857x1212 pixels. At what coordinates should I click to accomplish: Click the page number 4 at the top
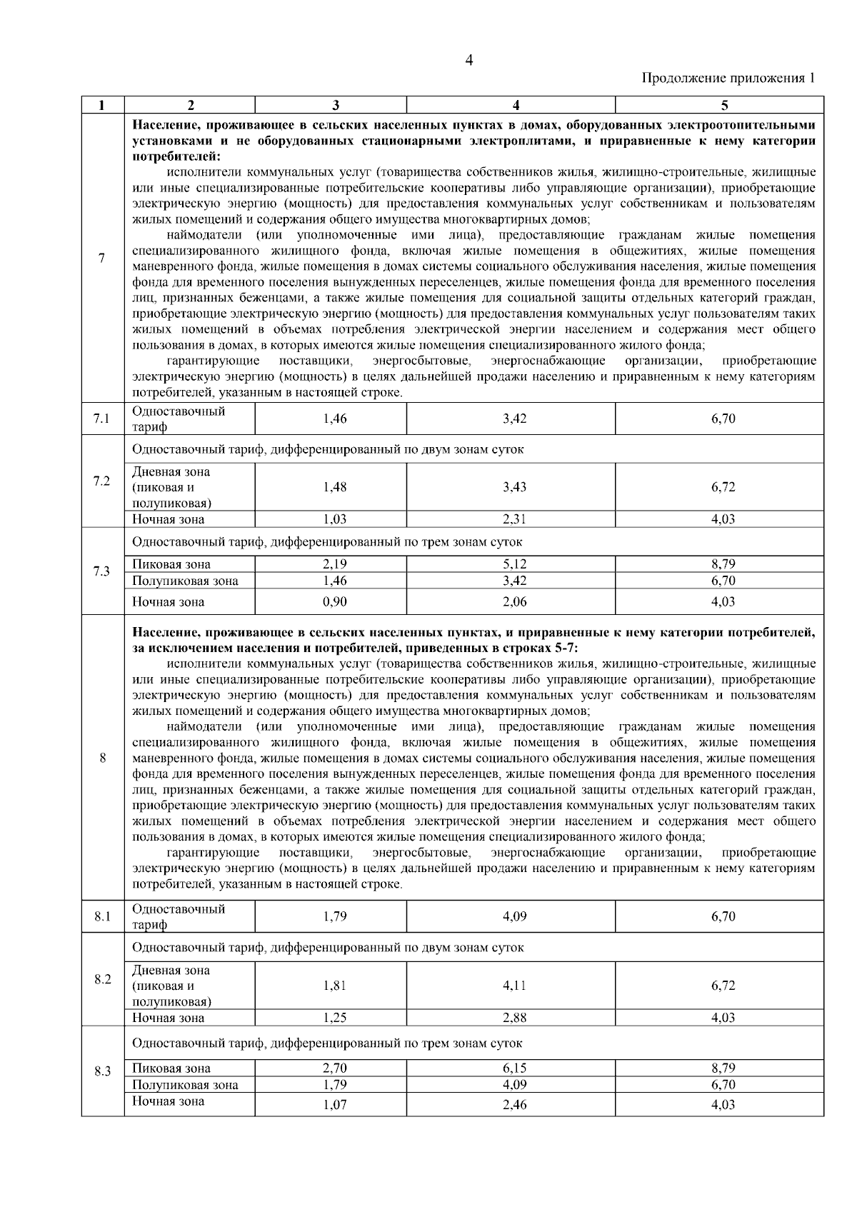(x=468, y=60)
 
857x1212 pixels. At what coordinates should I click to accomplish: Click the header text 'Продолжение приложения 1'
(x=728, y=78)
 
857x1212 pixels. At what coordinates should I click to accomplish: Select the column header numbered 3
(x=334, y=105)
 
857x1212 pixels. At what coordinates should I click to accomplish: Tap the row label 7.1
(x=101, y=419)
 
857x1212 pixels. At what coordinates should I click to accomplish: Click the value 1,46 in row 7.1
(x=334, y=419)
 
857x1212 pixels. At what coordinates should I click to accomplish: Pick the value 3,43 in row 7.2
(x=514, y=487)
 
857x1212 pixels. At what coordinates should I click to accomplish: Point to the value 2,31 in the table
(x=514, y=519)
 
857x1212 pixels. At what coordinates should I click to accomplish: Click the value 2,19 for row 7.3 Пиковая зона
(x=334, y=564)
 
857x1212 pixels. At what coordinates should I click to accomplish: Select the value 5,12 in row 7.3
(x=514, y=564)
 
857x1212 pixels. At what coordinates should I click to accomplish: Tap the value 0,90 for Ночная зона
(x=334, y=602)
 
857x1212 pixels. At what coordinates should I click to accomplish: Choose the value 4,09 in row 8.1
(x=514, y=917)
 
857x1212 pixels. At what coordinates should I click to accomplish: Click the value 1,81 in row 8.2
(x=334, y=985)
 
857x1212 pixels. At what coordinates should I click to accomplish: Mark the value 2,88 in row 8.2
(x=514, y=1018)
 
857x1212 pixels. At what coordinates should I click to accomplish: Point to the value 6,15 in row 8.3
(x=514, y=1068)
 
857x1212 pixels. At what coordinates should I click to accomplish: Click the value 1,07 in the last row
(x=334, y=1105)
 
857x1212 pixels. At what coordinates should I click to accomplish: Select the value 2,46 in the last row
(x=514, y=1105)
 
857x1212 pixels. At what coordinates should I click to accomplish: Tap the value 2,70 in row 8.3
(x=334, y=1068)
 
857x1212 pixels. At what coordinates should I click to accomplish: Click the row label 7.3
(x=101, y=571)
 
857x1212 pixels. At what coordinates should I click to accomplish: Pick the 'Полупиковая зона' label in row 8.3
(x=186, y=1085)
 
